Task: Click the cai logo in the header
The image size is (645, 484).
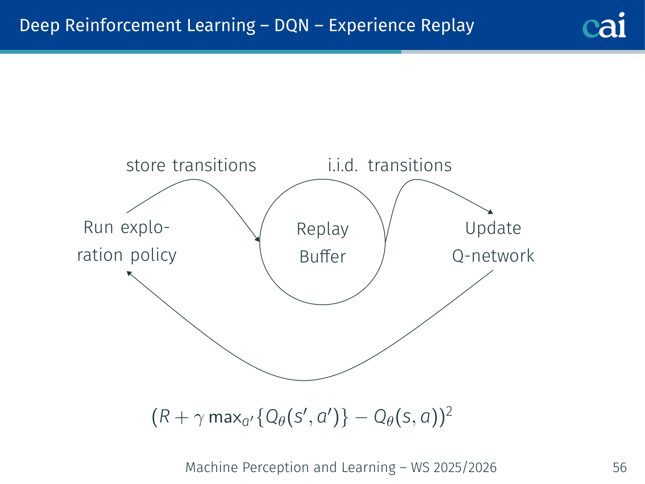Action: [604, 26]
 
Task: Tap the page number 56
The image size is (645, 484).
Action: [619, 467]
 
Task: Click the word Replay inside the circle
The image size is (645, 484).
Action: [322, 230]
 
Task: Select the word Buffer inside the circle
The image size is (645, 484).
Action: [322, 257]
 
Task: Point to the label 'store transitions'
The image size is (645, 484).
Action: [191, 166]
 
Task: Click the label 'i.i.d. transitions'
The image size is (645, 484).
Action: [389, 166]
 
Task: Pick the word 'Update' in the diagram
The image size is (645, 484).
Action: [493, 229]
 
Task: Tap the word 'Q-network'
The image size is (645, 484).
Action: [493, 256]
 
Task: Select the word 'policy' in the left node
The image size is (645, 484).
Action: [154, 256]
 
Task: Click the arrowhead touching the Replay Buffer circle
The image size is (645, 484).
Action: [258, 239]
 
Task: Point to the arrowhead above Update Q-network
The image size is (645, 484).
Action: [491, 212]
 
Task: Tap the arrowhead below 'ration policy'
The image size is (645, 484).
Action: [129, 273]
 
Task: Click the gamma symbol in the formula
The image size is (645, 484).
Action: [198, 418]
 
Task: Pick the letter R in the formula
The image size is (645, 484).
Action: [165, 417]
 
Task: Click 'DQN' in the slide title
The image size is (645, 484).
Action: [291, 26]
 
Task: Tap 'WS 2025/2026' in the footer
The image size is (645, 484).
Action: [453, 467]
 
